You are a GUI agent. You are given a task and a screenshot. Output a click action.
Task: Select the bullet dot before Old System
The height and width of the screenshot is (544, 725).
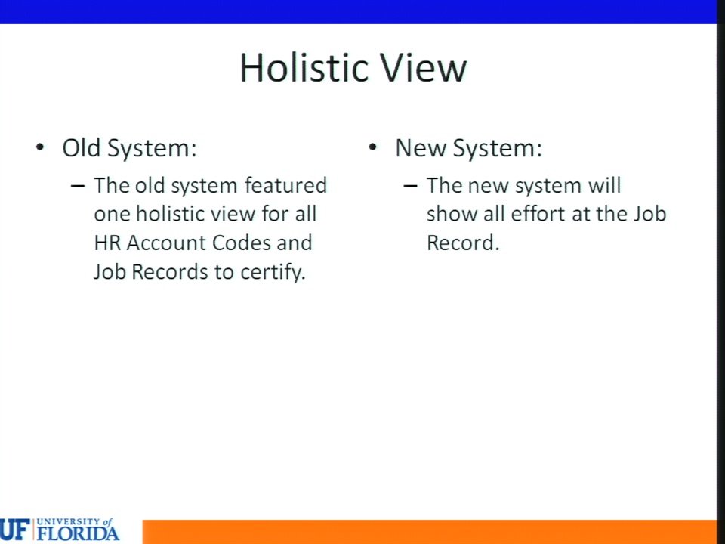(40, 147)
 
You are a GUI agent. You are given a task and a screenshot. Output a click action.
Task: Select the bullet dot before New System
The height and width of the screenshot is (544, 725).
(372, 147)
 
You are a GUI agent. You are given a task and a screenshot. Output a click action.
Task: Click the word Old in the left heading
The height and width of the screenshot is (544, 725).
(82, 148)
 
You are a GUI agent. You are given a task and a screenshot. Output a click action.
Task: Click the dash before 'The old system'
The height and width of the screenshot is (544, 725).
(78, 187)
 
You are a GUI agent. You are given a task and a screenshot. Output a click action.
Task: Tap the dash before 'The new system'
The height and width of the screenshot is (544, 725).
(410, 187)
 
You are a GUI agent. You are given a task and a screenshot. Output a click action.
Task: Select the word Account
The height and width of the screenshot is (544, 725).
(166, 243)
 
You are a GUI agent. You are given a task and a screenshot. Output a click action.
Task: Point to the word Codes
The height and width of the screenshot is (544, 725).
(242, 243)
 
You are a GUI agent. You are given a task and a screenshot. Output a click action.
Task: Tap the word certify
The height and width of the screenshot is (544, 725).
(273, 272)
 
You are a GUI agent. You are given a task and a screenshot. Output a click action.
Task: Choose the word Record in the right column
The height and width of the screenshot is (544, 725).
(463, 243)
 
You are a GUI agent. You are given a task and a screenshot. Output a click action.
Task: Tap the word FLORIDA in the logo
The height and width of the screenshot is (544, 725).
(78, 533)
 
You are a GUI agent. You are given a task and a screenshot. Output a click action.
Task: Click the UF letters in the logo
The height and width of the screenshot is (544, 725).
(15, 530)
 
